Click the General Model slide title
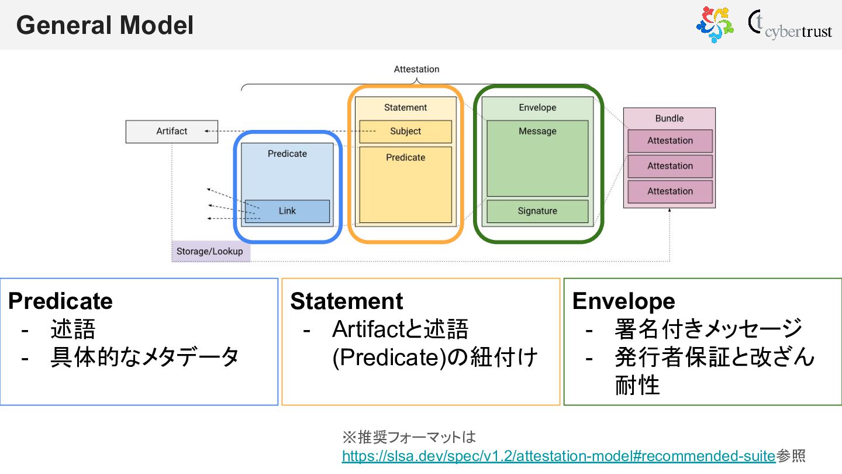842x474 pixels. [x=105, y=26]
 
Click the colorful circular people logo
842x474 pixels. [x=714, y=24]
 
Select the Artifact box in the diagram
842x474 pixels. [x=171, y=131]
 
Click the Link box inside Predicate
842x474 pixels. [x=287, y=211]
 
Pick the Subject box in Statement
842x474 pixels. [x=405, y=132]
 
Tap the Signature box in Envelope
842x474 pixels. [x=537, y=211]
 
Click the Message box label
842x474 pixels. [x=537, y=132]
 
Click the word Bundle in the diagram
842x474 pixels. [x=669, y=118]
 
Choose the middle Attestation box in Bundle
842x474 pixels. [x=670, y=166]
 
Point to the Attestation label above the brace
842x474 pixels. [x=416, y=69]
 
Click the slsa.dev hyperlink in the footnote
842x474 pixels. [x=558, y=455]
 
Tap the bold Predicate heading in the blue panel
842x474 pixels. [x=60, y=301]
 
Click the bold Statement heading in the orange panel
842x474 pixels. [x=346, y=301]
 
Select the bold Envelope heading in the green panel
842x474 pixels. [x=623, y=301]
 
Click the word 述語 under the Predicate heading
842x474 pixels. [x=73, y=329]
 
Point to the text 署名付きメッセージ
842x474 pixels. [x=708, y=329]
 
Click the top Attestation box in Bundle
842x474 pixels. [x=670, y=141]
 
